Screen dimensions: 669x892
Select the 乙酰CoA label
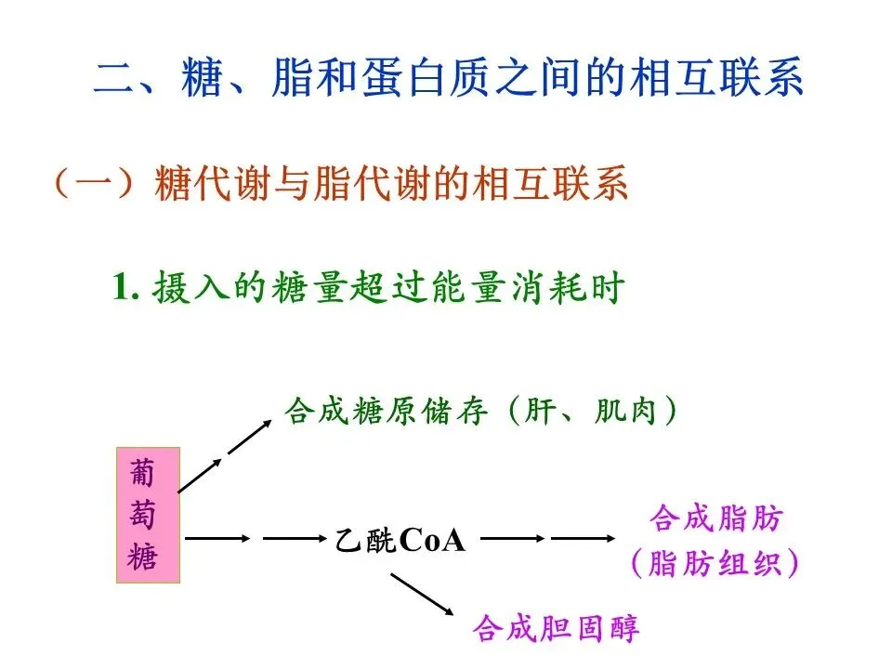pyautogui.click(x=400, y=540)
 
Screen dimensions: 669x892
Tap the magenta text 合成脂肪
pyautogui.click(x=716, y=518)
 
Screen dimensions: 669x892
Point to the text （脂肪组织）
pyautogui.click(x=716, y=563)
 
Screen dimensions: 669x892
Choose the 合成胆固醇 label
pyautogui.click(x=556, y=629)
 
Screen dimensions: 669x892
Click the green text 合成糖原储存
pyautogui.click(x=386, y=412)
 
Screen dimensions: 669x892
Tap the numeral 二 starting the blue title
pyautogui.click(x=115, y=80)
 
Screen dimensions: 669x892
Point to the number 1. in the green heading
pyautogui.click(x=125, y=287)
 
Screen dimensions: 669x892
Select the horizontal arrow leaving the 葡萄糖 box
pyautogui.click(x=217, y=538)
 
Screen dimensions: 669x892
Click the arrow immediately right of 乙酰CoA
pyautogui.click(x=511, y=538)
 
